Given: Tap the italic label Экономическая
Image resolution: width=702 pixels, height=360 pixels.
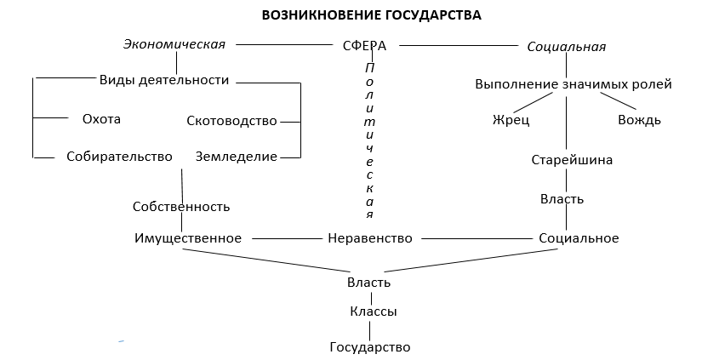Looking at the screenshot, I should (x=174, y=44).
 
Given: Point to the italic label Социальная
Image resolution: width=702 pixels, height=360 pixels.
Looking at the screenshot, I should (x=567, y=47).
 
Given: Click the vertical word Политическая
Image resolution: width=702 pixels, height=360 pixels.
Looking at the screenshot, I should (x=369, y=140).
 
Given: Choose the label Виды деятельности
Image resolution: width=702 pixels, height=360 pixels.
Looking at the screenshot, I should (x=164, y=81).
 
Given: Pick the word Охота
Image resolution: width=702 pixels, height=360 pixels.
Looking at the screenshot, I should (x=101, y=119).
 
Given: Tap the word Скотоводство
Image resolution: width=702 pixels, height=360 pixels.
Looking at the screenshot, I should (x=231, y=121).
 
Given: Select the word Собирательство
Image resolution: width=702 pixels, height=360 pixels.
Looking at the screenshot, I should (x=119, y=157).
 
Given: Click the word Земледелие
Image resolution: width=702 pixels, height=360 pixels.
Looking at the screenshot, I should (x=237, y=157).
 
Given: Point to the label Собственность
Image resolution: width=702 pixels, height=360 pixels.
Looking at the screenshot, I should (x=181, y=207).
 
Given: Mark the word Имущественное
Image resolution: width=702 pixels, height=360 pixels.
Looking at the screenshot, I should (x=188, y=238).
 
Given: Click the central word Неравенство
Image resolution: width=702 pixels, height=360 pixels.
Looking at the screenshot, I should (x=369, y=238).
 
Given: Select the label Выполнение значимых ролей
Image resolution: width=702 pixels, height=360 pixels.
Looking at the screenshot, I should (x=574, y=84).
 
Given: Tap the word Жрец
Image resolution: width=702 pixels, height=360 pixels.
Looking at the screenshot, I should (x=511, y=120).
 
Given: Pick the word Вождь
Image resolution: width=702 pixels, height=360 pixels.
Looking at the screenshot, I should (x=639, y=120).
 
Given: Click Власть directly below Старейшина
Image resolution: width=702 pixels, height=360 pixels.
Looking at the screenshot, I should (x=562, y=199).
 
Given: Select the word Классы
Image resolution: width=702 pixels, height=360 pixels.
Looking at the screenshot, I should (x=373, y=312).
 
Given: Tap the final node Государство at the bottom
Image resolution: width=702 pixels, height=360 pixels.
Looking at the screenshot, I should (x=370, y=347).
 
